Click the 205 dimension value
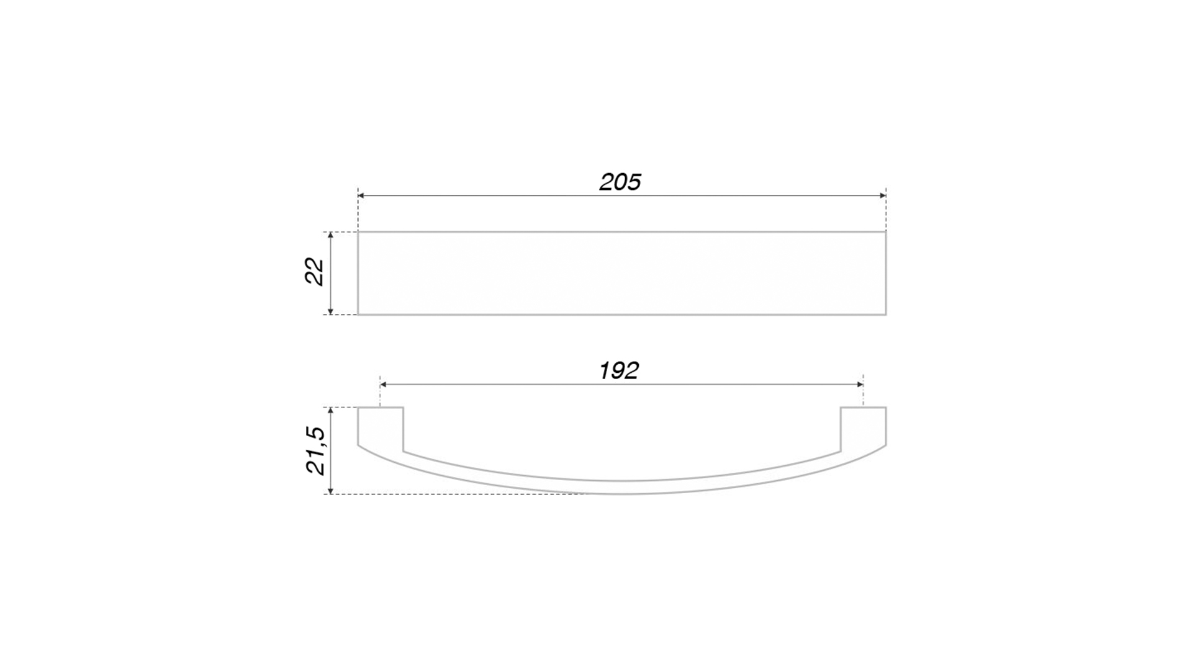[620, 182]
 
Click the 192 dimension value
[618, 370]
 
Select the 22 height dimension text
[315, 271]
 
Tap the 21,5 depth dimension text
[315, 450]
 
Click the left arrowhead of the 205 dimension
[361, 195]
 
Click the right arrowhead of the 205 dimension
[882, 195]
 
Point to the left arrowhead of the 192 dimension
[384, 385]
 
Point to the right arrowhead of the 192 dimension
[860, 385]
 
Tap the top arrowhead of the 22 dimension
[331, 236]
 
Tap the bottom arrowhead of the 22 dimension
[331, 311]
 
